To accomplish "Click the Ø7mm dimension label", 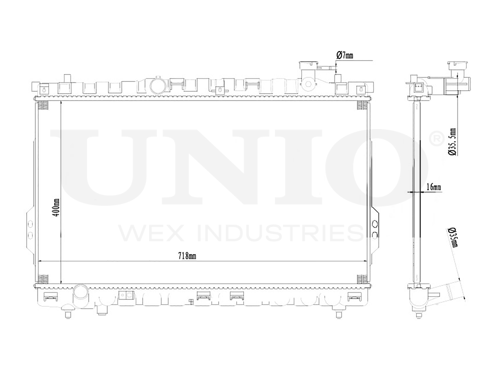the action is click(x=345, y=55).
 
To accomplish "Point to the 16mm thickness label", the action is click(x=433, y=187).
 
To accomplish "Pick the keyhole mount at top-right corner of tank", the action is click(x=361, y=90).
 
